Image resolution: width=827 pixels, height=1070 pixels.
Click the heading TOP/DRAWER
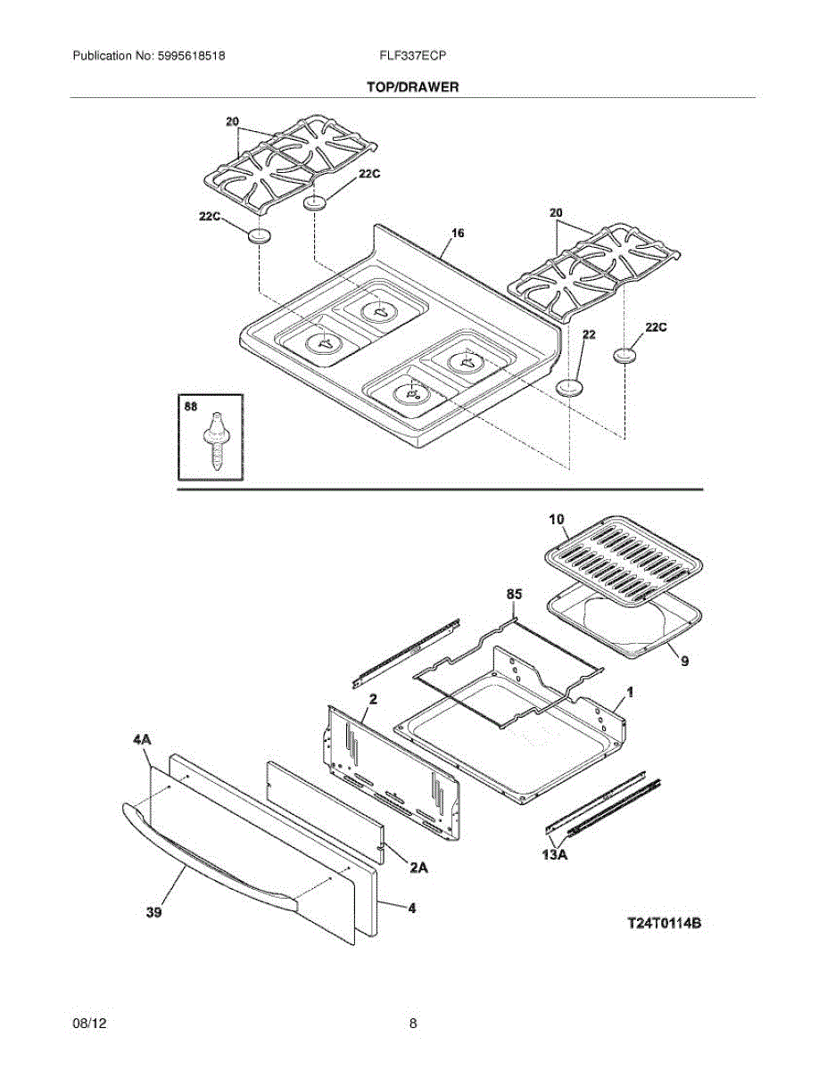412,87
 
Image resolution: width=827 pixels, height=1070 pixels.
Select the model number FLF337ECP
412,55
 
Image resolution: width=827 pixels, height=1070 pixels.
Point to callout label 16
458,233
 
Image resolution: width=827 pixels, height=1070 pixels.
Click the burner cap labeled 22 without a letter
568,386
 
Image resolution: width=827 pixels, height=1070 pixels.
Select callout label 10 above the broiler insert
556,519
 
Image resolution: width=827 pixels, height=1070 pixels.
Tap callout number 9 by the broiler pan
685,661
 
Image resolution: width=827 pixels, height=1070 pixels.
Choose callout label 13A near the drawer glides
555,854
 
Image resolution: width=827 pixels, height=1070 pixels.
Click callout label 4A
143,741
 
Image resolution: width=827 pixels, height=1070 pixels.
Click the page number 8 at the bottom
413,1024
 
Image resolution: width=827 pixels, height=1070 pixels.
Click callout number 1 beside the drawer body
629,691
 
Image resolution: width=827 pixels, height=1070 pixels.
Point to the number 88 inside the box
190,407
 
